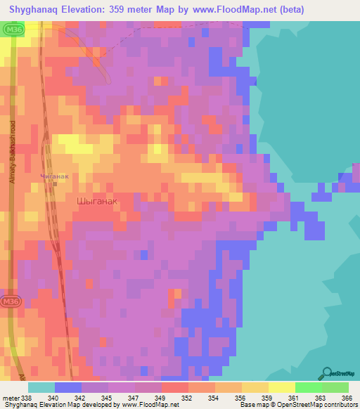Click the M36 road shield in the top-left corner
tap(12, 31)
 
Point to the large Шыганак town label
tap(96, 201)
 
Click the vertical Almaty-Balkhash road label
tap(13, 157)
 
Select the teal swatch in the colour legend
tap(41, 387)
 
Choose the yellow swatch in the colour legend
tap(281, 387)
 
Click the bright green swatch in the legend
tap(308, 387)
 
